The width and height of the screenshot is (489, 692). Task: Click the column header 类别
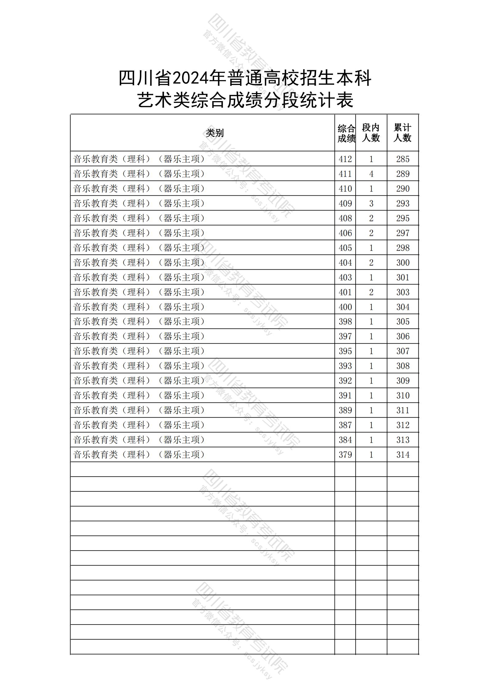pyautogui.click(x=214, y=133)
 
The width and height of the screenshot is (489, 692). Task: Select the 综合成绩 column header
pyautogui.click(x=345, y=133)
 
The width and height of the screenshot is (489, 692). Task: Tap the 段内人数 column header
pyautogui.click(x=371, y=133)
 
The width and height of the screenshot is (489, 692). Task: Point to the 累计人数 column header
pyautogui.click(x=402, y=133)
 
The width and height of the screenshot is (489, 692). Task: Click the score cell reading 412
pyautogui.click(x=345, y=159)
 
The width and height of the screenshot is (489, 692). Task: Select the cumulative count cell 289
pyautogui.click(x=403, y=174)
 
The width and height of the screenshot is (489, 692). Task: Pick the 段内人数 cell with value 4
pyautogui.click(x=371, y=174)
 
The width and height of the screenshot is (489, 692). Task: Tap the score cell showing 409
pyautogui.click(x=345, y=203)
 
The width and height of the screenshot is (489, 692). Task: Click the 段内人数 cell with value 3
pyautogui.click(x=371, y=203)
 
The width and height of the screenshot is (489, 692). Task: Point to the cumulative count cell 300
pyautogui.click(x=403, y=263)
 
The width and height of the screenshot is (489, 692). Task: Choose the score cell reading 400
pyautogui.click(x=345, y=307)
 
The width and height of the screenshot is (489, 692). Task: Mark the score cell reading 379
pyautogui.click(x=345, y=455)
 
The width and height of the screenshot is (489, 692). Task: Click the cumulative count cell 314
pyautogui.click(x=403, y=455)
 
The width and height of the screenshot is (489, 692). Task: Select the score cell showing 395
pyautogui.click(x=345, y=351)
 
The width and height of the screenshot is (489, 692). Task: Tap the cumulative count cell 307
pyautogui.click(x=403, y=351)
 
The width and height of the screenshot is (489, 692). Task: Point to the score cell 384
pyautogui.click(x=345, y=440)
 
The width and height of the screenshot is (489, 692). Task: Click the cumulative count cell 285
pyautogui.click(x=403, y=159)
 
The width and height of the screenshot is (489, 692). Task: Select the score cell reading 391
pyautogui.click(x=345, y=395)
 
